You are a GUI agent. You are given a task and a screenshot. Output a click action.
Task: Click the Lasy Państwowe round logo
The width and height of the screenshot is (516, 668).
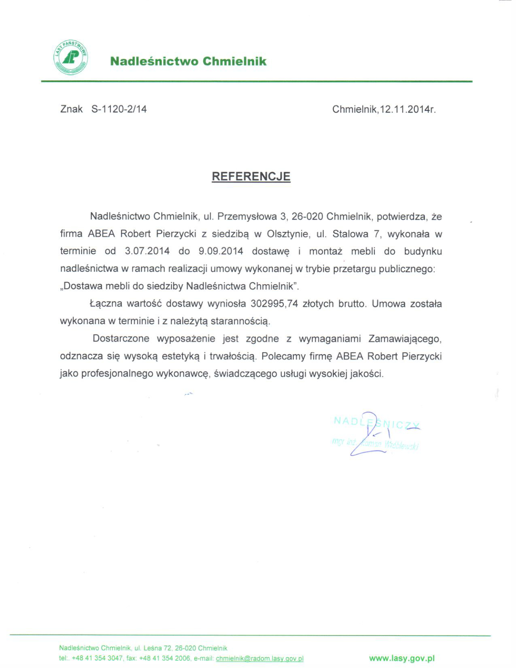pyautogui.click(x=71, y=57)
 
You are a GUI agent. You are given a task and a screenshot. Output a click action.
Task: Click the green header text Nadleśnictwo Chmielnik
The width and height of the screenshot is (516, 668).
pyautogui.click(x=188, y=62)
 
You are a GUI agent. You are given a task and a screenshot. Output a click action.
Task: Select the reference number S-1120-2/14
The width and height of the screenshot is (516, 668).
pyautogui.click(x=119, y=109)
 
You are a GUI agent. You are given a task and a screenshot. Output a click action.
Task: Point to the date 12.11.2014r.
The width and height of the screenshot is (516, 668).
pyautogui.click(x=408, y=110)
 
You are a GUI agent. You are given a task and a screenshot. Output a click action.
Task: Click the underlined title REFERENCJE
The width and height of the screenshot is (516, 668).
pyautogui.click(x=251, y=176)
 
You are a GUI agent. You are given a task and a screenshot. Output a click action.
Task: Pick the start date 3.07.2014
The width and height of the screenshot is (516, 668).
pyautogui.click(x=147, y=251)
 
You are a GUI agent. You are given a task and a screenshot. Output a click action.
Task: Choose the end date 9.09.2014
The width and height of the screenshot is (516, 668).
pyautogui.click(x=220, y=251)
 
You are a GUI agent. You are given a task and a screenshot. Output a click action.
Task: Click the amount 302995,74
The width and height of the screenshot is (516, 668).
pyautogui.click(x=274, y=304)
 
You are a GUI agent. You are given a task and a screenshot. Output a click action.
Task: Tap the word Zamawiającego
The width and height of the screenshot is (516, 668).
pyautogui.click(x=405, y=339)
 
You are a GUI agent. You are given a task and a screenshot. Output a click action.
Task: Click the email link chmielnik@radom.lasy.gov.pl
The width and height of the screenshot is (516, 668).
pyautogui.click(x=259, y=659)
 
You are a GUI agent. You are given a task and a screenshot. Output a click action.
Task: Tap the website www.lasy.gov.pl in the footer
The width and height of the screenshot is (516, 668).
pyautogui.click(x=401, y=658)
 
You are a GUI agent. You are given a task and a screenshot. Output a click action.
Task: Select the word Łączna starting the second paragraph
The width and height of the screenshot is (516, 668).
pyautogui.click(x=106, y=304)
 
